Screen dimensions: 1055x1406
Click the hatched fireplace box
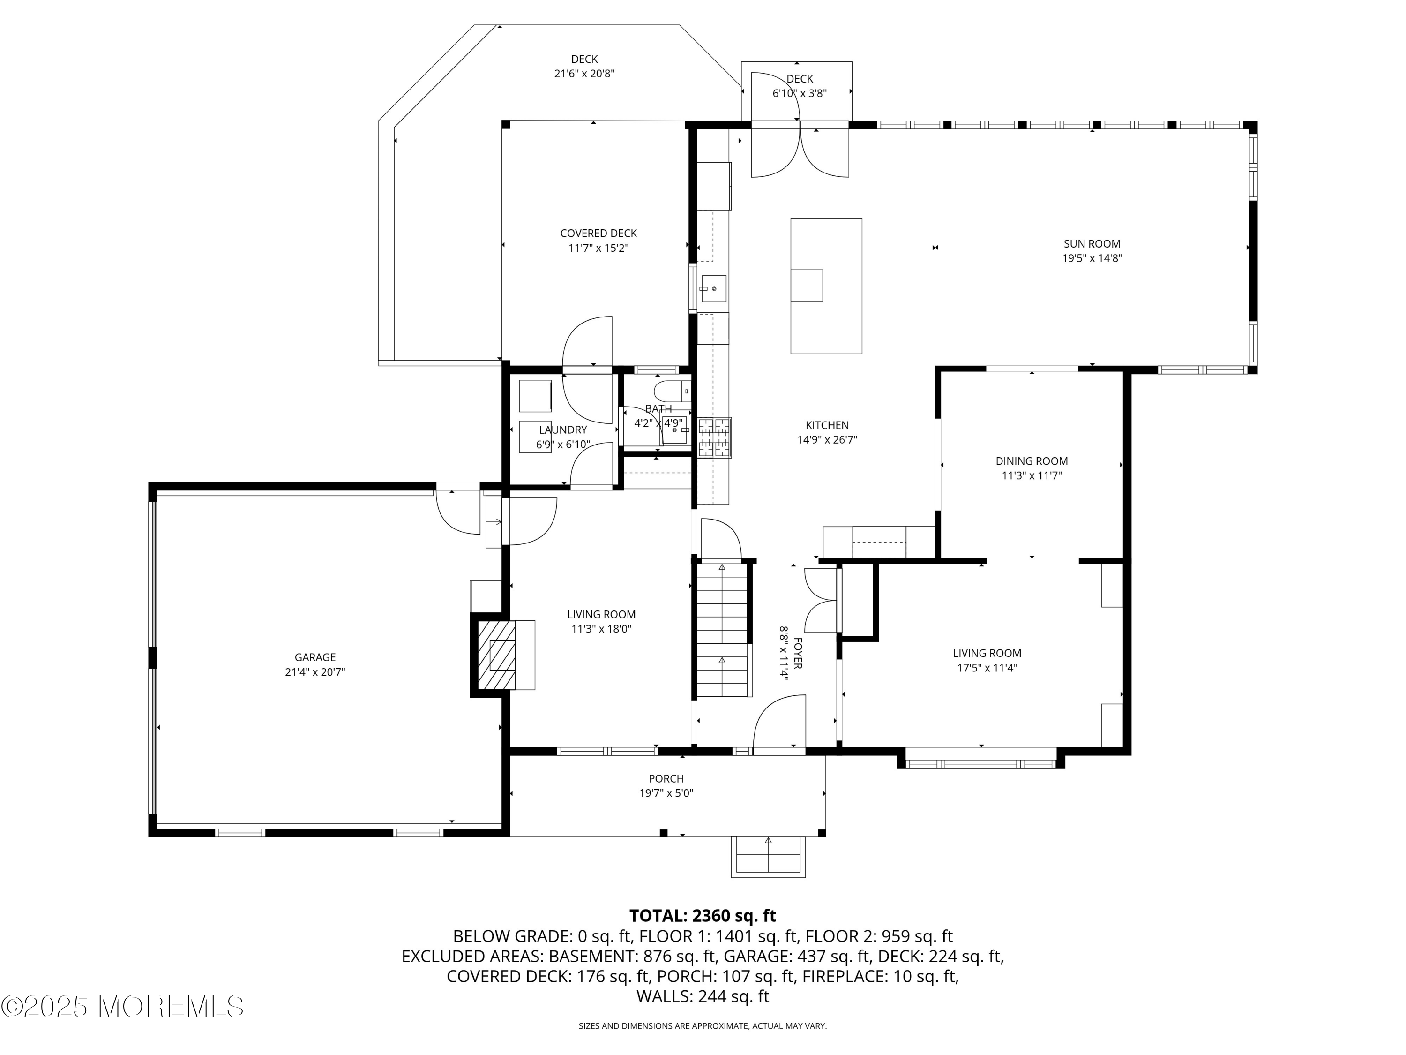point(496,656)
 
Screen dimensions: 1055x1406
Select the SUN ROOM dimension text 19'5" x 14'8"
point(1092,258)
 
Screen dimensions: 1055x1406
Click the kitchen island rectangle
point(826,286)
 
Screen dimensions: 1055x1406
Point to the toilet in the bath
point(671,390)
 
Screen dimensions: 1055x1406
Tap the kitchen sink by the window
point(713,289)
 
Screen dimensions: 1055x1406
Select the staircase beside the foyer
point(722,630)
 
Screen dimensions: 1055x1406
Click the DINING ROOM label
point(1031,461)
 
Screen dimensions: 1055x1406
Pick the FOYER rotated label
point(798,653)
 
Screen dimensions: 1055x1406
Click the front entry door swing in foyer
point(778,724)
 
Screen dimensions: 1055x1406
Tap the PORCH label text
point(666,778)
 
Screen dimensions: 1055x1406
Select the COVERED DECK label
point(598,234)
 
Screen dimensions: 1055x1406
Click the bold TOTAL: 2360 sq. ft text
point(703,916)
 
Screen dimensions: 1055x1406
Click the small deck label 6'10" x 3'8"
point(799,93)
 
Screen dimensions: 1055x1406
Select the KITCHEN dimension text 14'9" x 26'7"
point(827,439)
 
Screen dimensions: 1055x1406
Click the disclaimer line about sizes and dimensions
point(703,1026)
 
